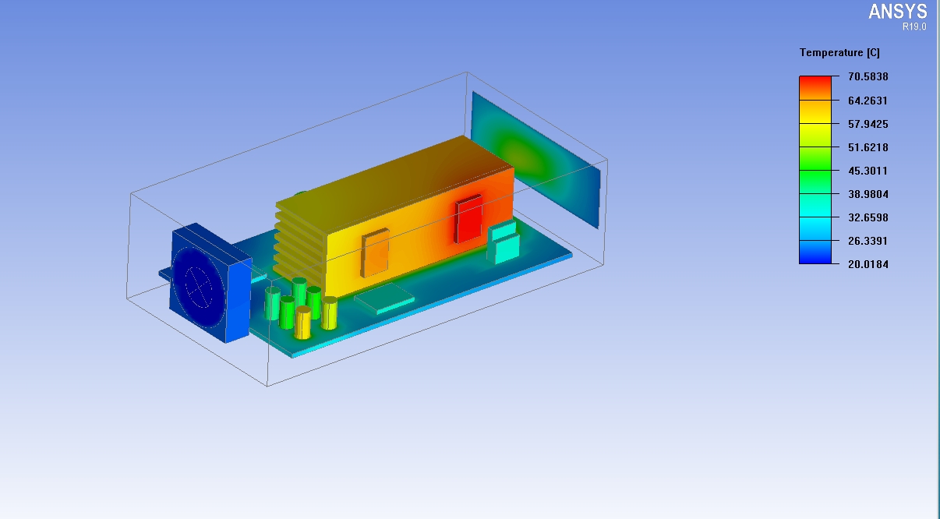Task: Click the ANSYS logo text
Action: (898, 12)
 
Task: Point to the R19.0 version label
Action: (914, 26)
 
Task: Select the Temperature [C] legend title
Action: (839, 52)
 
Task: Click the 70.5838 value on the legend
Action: (868, 76)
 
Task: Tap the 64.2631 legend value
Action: (868, 101)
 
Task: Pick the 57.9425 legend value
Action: (868, 124)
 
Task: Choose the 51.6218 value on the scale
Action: (868, 147)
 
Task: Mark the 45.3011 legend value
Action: (868, 171)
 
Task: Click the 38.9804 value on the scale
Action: (868, 194)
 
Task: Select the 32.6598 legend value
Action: (868, 217)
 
